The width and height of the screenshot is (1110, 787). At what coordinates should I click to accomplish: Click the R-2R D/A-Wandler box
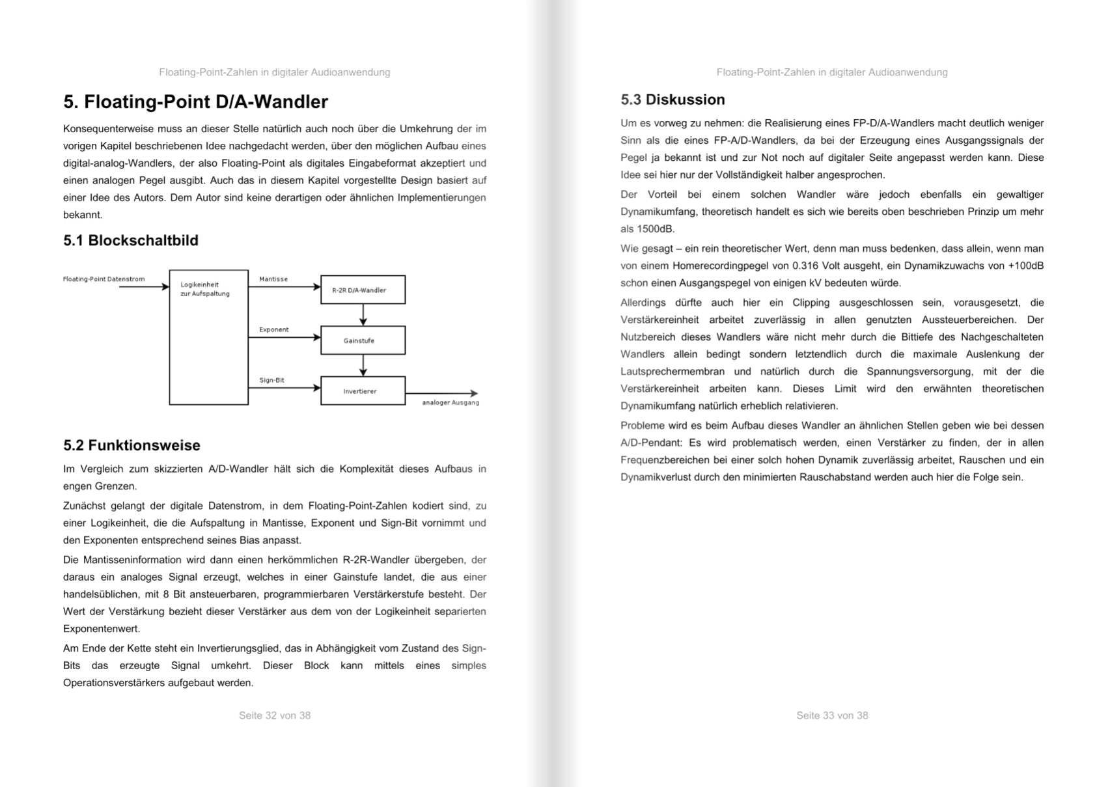(x=363, y=290)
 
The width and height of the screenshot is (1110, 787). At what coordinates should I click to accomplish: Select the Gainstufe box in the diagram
(x=363, y=340)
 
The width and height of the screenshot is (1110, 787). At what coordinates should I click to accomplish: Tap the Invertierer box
(x=363, y=391)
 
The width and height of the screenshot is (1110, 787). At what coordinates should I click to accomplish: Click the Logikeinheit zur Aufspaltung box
(x=208, y=337)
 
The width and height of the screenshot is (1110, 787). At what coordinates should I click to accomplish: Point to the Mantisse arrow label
(x=273, y=279)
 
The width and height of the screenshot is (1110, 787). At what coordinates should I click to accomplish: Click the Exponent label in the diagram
(x=274, y=330)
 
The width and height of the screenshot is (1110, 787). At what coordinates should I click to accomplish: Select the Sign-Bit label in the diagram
(x=272, y=380)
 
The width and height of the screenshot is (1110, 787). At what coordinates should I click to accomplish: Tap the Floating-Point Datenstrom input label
(x=104, y=279)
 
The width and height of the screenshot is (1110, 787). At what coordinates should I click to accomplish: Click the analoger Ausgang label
(x=451, y=403)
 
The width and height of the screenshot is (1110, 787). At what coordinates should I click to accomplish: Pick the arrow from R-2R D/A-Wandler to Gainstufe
(x=363, y=315)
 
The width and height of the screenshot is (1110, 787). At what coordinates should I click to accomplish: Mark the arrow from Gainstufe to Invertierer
(x=363, y=365)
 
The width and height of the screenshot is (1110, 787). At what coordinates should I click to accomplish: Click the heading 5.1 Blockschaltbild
(x=131, y=241)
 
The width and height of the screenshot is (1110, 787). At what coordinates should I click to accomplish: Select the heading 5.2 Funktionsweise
(x=132, y=445)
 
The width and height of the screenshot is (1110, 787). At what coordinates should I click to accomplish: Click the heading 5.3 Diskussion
(x=673, y=100)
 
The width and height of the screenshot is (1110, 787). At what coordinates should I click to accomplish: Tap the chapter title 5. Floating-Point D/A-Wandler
(x=195, y=102)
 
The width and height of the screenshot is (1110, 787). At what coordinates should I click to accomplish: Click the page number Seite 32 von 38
(x=275, y=715)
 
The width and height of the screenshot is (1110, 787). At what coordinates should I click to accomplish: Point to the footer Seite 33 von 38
(x=832, y=715)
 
